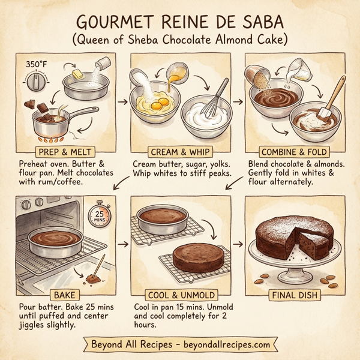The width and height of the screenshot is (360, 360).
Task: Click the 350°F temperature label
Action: click(x=37, y=64)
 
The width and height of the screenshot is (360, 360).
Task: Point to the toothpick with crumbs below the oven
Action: click(x=96, y=267)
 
